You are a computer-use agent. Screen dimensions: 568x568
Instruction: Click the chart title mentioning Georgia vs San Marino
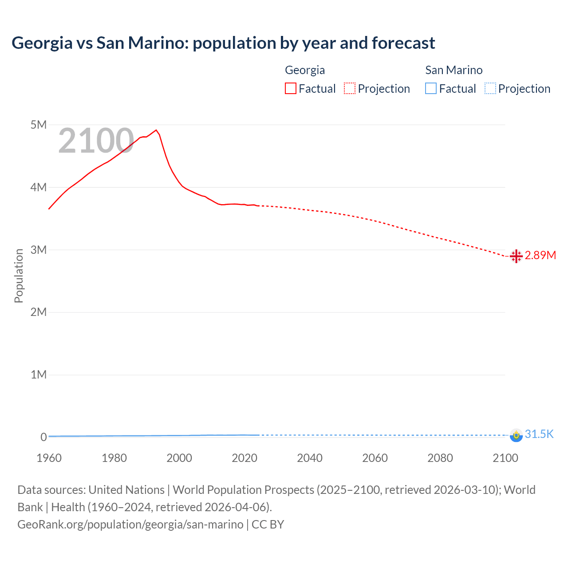click(x=223, y=43)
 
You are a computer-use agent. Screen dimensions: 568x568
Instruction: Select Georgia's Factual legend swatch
click(x=291, y=89)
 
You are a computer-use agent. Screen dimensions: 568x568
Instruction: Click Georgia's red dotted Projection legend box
click(x=350, y=89)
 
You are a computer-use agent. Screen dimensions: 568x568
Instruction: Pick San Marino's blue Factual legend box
click(x=431, y=89)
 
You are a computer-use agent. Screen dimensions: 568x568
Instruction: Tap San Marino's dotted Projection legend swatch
click(x=490, y=89)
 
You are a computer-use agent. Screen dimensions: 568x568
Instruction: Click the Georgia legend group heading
click(x=305, y=70)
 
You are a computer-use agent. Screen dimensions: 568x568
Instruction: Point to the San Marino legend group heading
click(x=454, y=70)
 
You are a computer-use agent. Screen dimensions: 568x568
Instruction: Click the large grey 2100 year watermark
click(x=96, y=141)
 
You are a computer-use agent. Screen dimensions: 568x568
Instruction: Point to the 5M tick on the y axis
click(x=39, y=125)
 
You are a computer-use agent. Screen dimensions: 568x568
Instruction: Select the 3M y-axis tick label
click(x=39, y=250)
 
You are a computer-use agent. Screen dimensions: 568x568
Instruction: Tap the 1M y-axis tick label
click(x=39, y=375)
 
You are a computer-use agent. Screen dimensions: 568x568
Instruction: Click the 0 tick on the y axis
click(x=43, y=437)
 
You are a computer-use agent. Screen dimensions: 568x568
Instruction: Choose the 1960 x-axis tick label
click(x=49, y=458)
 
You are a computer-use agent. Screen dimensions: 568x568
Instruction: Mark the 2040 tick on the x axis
click(x=310, y=458)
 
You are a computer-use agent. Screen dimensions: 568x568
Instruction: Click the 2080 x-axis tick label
click(x=440, y=458)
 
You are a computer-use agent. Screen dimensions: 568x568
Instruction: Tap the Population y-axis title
click(x=19, y=276)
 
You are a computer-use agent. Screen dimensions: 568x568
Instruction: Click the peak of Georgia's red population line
click(x=156, y=130)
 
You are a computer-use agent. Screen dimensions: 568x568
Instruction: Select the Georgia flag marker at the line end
click(x=516, y=256)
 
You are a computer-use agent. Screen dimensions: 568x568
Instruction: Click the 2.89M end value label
click(x=540, y=256)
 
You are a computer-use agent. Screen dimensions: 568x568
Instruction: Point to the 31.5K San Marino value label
click(x=539, y=434)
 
